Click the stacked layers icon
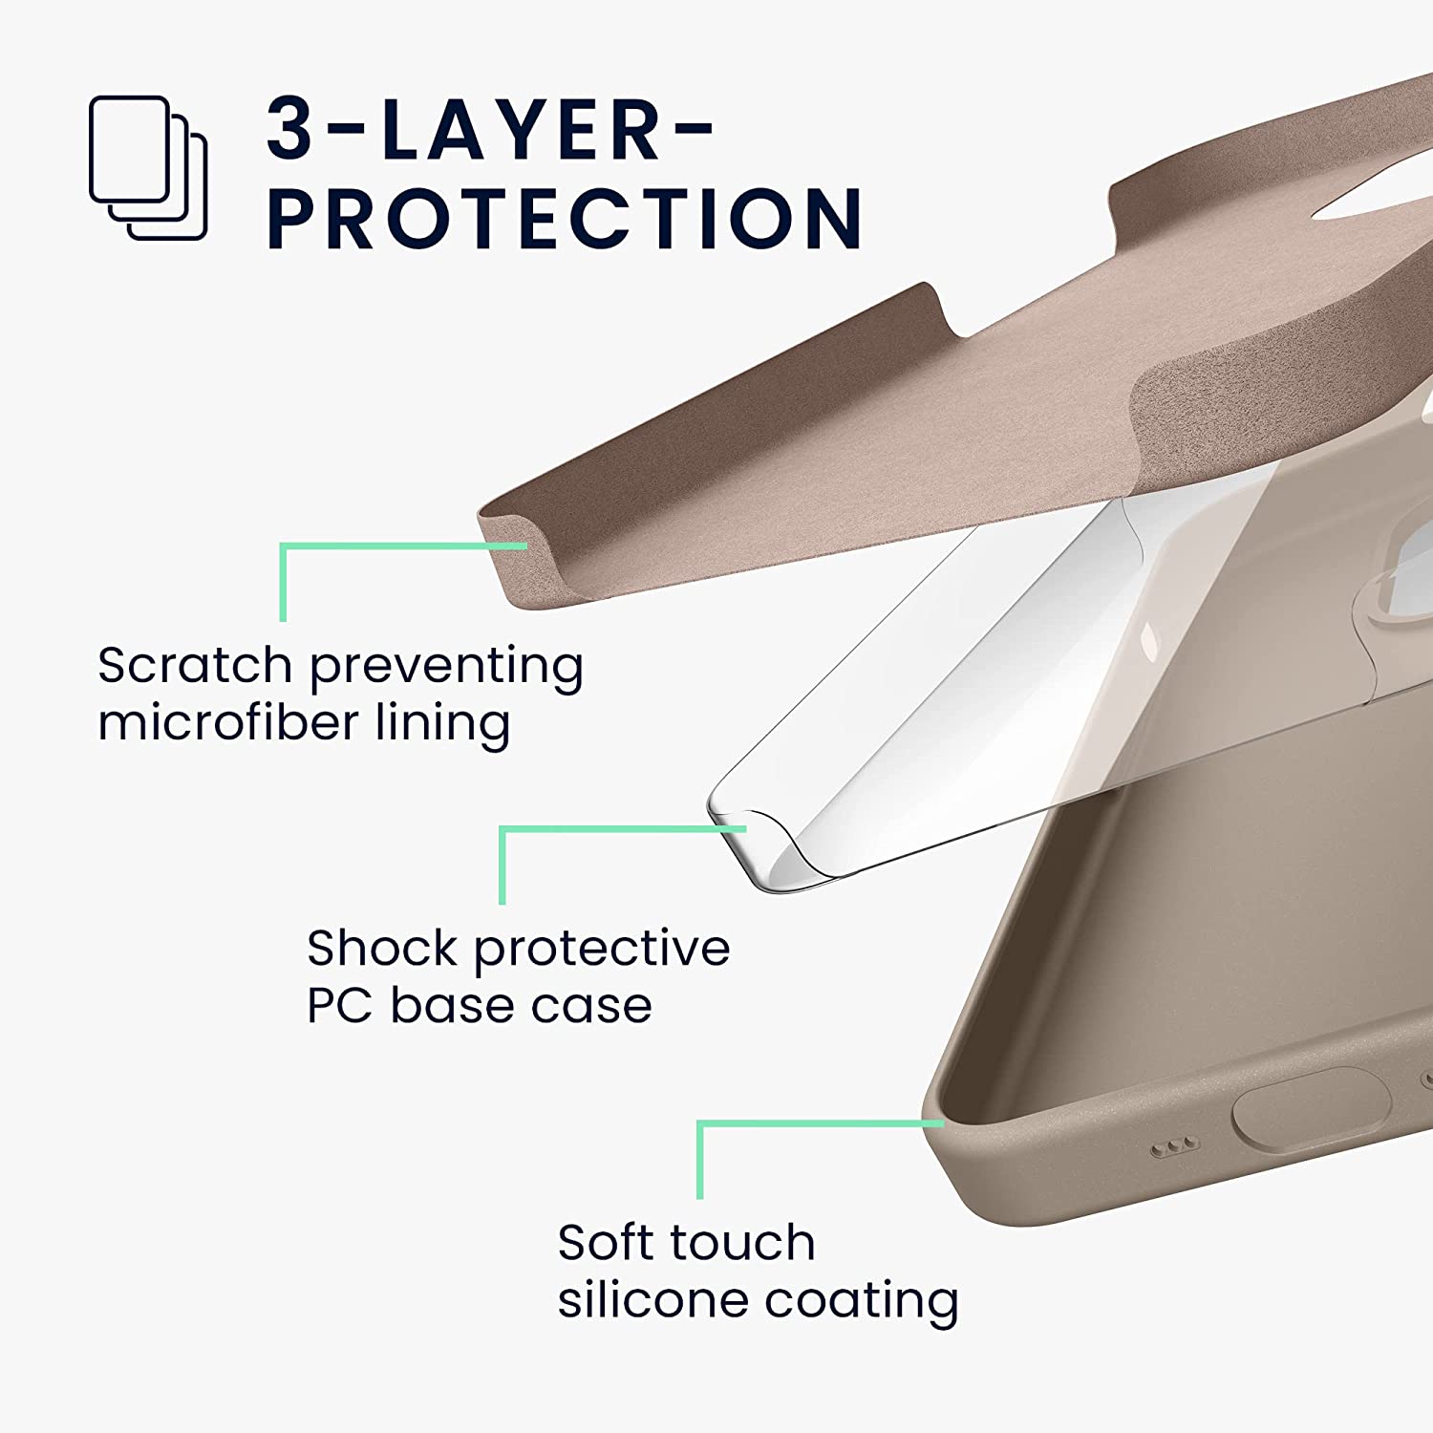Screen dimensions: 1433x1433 (148, 167)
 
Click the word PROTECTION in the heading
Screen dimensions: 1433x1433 (565, 219)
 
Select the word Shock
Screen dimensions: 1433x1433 (381, 948)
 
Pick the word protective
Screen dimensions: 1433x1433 (602, 950)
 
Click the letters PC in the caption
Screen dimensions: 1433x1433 (340, 1005)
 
